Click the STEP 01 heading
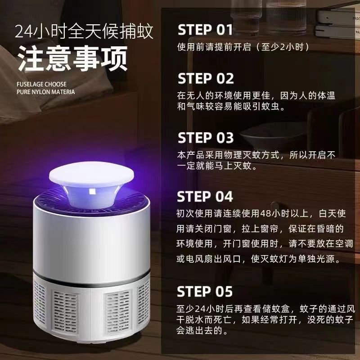(205, 30)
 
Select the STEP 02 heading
(206, 78)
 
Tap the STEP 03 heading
(206, 138)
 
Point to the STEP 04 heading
(205, 197)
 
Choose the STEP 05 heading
(205, 292)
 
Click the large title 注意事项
(73, 58)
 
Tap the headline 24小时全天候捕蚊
(84, 31)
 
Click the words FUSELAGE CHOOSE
(41, 84)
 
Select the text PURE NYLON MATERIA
(46, 92)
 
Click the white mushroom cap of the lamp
(91, 174)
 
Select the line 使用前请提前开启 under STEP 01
(243, 47)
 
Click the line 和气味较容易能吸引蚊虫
(231, 106)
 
